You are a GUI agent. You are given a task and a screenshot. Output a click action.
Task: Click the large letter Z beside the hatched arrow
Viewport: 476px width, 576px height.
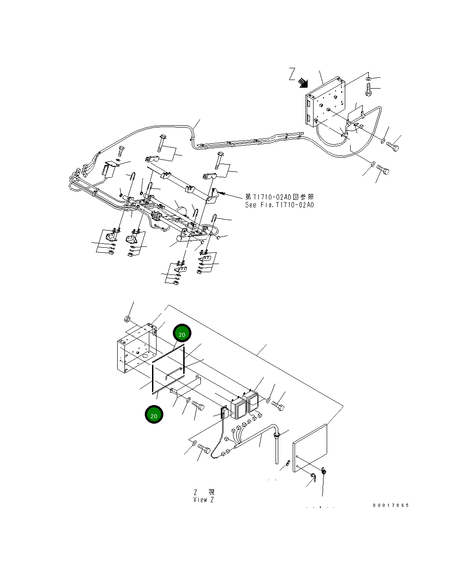coord(292,74)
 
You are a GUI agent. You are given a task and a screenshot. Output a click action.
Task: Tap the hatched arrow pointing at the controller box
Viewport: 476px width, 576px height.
coord(303,83)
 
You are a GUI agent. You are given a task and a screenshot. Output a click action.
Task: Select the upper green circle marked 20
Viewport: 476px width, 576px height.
coord(182,334)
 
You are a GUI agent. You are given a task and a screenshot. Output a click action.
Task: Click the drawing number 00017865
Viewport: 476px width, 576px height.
coord(390,505)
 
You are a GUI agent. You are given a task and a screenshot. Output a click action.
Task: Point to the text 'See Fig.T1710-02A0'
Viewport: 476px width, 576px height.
coord(279,205)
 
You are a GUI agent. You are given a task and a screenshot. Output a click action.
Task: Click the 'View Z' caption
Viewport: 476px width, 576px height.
coord(204,500)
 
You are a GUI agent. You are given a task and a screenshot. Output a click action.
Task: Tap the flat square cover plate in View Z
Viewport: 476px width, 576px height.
coord(310,448)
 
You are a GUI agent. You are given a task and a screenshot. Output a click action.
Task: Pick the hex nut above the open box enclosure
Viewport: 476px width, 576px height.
coord(128,320)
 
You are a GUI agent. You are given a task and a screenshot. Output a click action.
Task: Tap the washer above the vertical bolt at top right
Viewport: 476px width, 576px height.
coord(368,79)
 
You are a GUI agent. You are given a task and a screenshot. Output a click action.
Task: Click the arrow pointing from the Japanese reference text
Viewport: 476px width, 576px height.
coord(233,196)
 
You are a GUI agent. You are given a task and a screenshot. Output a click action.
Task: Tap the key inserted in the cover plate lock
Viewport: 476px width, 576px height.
coord(324,472)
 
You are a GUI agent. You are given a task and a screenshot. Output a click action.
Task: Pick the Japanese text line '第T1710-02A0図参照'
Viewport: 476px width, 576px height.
coord(279,197)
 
